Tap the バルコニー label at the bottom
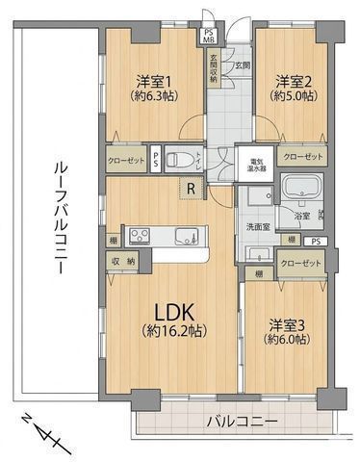point(242,422)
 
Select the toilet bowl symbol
point(177,160)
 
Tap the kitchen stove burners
point(136,235)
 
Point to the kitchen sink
point(185,235)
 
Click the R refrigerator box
point(193,190)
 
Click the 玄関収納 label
point(214,70)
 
